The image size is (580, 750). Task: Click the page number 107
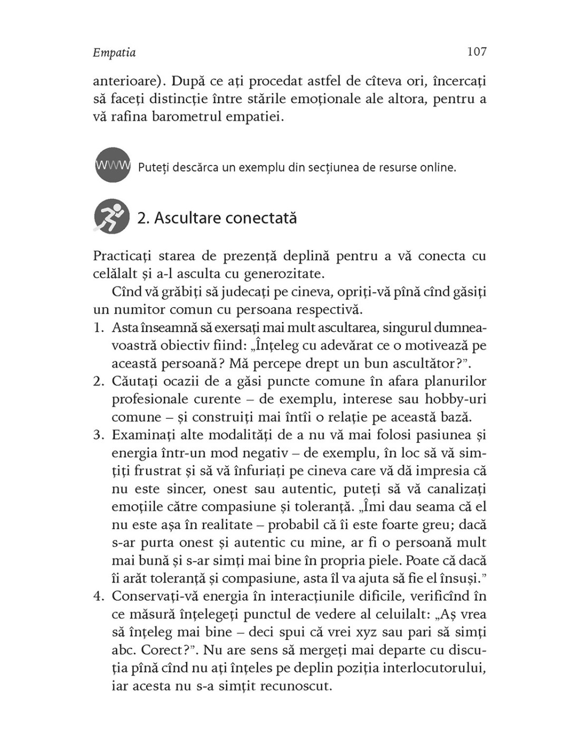click(x=476, y=52)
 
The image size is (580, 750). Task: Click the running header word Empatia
click(x=114, y=53)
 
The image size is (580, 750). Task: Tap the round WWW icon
click(x=112, y=165)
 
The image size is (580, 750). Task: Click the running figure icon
click(x=112, y=216)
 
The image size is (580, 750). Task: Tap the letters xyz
click(x=371, y=632)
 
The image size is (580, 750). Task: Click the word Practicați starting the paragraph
click(x=122, y=256)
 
